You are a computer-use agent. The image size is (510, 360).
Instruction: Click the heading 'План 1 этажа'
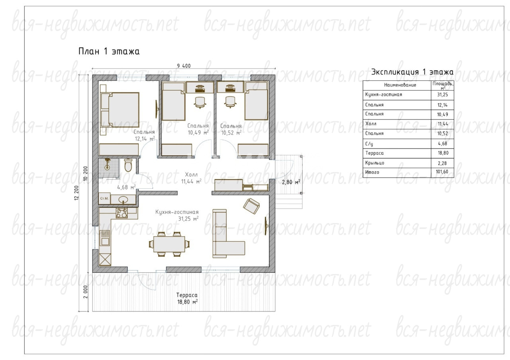[109, 51]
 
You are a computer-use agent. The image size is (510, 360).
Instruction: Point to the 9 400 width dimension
[184, 66]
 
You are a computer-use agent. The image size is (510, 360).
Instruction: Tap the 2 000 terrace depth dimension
[85, 292]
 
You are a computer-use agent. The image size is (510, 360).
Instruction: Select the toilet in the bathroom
[128, 165]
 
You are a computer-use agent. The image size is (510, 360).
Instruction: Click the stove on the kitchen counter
[122, 213]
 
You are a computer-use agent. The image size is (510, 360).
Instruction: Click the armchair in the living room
[251, 206]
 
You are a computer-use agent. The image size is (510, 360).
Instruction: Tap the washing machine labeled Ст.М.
[104, 198]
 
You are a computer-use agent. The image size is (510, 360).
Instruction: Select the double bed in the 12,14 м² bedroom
[120, 110]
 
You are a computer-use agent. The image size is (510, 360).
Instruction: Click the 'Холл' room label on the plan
[191, 174]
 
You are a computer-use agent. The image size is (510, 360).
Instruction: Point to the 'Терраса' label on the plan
[187, 295]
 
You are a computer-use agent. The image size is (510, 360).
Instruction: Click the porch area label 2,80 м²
[291, 182]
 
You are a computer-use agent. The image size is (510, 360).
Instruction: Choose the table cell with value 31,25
[442, 95]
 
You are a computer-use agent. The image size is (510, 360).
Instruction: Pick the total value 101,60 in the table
[442, 172]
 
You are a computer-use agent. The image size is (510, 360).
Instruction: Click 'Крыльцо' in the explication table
[375, 163]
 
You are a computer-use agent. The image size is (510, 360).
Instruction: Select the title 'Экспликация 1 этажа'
[412, 72]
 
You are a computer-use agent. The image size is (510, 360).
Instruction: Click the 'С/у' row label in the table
[369, 144]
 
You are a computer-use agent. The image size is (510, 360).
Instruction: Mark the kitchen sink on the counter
[105, 238]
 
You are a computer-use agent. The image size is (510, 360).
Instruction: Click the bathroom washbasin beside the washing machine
[124, 200]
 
